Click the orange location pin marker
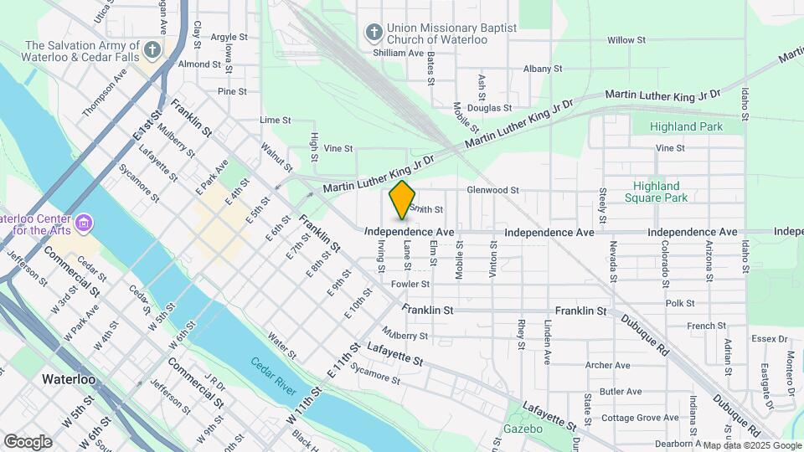(402, 199)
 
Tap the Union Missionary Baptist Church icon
(374, 32)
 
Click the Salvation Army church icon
(152, 50)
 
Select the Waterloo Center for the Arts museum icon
(83, 224)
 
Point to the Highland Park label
(687, 126)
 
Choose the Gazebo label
(523, 429)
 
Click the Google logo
(28, 441)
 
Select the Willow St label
(626, 39)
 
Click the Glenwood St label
(493, 190)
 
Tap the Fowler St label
(410, 284)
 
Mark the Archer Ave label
(607, 365)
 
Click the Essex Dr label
(770, 339)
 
